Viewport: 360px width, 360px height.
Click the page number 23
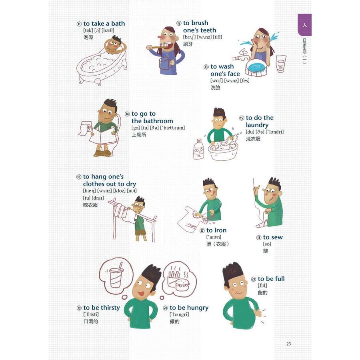[288, 344]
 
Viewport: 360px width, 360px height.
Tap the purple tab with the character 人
[304, 25]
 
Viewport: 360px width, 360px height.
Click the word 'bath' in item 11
[118, 24]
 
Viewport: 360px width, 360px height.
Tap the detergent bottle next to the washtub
[199, 149]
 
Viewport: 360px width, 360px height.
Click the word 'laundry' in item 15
[257, 125]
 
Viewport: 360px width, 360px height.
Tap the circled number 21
[254, 279]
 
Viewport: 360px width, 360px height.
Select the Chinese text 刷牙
[188, 44]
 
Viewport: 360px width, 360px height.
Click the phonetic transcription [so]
[267, 244]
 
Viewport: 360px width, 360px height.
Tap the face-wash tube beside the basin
[281, 64]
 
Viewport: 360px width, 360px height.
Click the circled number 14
[127, 114]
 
